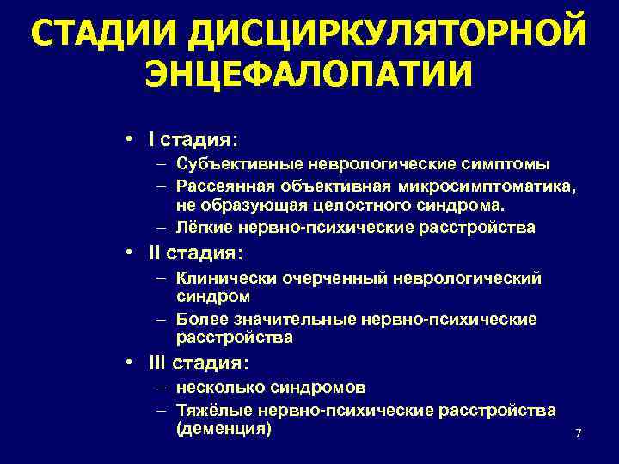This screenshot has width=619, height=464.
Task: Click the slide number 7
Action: tap(579, 434)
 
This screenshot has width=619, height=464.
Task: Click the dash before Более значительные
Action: tap(162, 320)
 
